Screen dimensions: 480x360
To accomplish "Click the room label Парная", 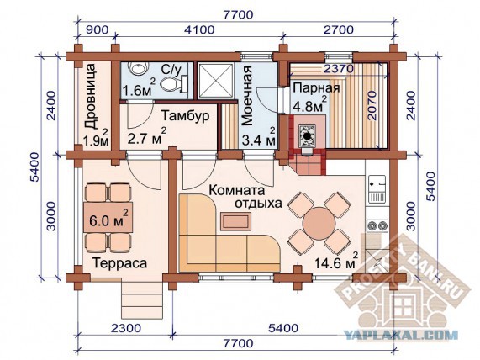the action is (x=316, y=88).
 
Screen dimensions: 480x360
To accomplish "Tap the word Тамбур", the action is (x=186, y=116).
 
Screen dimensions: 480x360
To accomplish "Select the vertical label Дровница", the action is (x=92, y=96).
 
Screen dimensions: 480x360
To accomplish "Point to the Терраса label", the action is (x=119, y=263).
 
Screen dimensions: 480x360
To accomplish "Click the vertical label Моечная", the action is (x=247, y=96).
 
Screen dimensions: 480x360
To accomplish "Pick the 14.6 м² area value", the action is (x=336, y=261).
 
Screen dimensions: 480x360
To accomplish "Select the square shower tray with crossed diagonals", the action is (x=215, y=81).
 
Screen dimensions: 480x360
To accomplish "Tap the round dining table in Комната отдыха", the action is (x=319, y=223).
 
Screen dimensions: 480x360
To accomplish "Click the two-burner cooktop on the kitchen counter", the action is (x=377, y=226).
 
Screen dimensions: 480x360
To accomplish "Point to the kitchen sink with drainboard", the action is (x=377, y=189).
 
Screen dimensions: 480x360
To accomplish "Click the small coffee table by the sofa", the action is (x=235, y=221).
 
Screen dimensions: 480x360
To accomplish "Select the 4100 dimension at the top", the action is (x=199, y=29).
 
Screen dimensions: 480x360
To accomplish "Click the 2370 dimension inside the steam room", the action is (x=338, y=69).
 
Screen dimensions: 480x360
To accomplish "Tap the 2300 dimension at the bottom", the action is (x=126, y=328).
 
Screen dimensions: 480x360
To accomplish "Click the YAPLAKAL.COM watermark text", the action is (x=400, y=334).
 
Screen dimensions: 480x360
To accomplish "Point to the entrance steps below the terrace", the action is (x=142, y=300).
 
